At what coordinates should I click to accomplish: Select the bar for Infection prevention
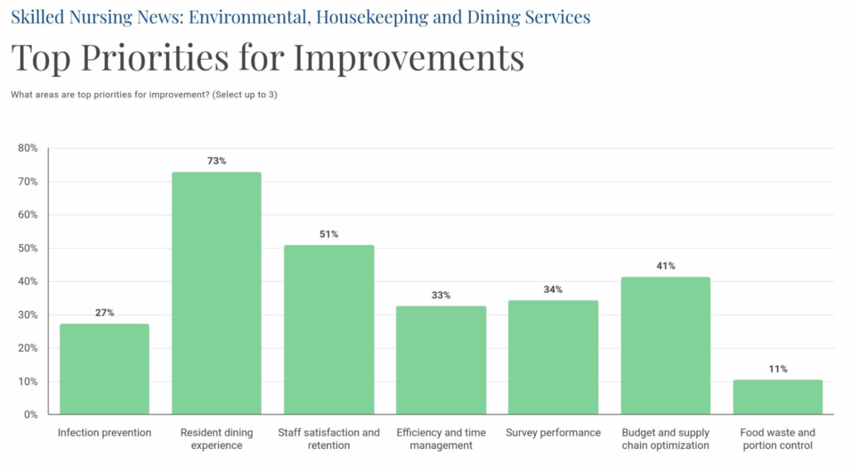[x=104, y=369]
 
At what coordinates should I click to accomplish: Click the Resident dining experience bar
[x=217, y=293]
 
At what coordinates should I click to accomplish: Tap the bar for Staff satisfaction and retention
[x=329, y=330]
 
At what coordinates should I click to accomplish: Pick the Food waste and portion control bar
[x=778, y=397]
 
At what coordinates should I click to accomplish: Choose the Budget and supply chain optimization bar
[x=666, y=346]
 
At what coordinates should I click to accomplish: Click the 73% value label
[x=217, y=161]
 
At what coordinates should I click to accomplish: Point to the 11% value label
[x=778, y=369]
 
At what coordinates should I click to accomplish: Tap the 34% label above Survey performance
[x=553, y=290]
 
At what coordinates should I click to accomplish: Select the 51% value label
[x=329, y=234]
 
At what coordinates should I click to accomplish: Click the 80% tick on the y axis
[x=27, y=148]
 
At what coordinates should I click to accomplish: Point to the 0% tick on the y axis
[x=31, y=414]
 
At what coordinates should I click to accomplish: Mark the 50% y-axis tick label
[x=27, y=248]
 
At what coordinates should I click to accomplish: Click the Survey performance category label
[x=553, y=432]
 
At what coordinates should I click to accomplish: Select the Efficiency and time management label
[x=441, y=439]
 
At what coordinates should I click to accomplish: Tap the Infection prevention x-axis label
[x=104, y=432]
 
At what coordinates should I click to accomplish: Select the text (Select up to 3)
[x=245, y=95]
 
